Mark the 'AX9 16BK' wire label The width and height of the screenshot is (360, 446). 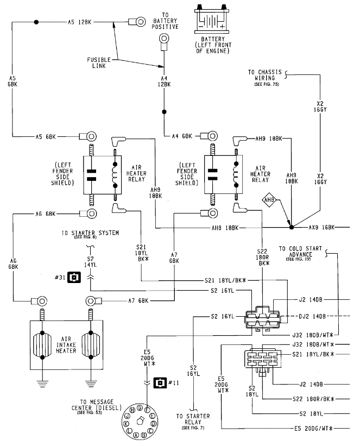point(322,227)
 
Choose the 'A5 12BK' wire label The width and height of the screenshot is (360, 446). point(79,22)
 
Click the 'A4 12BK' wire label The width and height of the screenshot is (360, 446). point(163,81)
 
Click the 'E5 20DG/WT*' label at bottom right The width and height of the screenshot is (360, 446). point(310,429)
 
